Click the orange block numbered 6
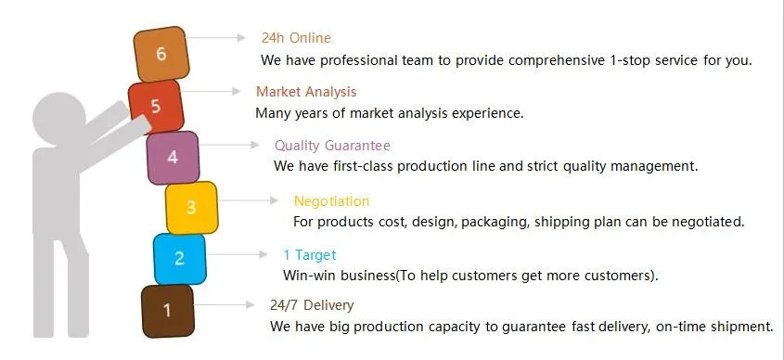tap(161, 54)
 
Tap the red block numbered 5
tap(156, 107)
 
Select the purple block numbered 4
tap(173, 158)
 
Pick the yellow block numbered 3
tap(191, 208)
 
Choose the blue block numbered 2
tap(179, 259)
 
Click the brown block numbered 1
tap(168, 311)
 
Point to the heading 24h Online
tap(296, 38)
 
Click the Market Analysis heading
tap(306, 92)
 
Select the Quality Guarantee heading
tap(332, 146)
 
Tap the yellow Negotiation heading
tap(331, 201)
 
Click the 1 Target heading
tap(310, 255)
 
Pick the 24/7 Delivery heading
tap(312, 305)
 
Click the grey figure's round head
tap(59, 119)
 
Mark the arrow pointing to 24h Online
tap(215, 37)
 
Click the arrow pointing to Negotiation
tap(249, 200)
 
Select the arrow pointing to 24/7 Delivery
tap(224, 304)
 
